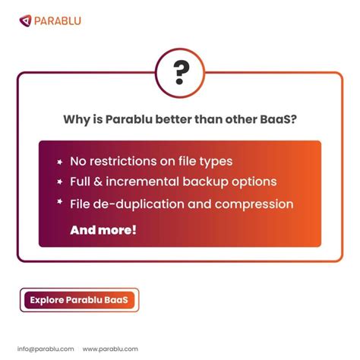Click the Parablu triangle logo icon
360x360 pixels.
click(26, 20)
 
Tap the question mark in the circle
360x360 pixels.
click(181, 72)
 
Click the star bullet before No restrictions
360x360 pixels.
click(59, 162)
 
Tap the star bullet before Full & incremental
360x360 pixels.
click(59, 182)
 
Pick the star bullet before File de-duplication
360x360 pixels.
click(59, 204)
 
